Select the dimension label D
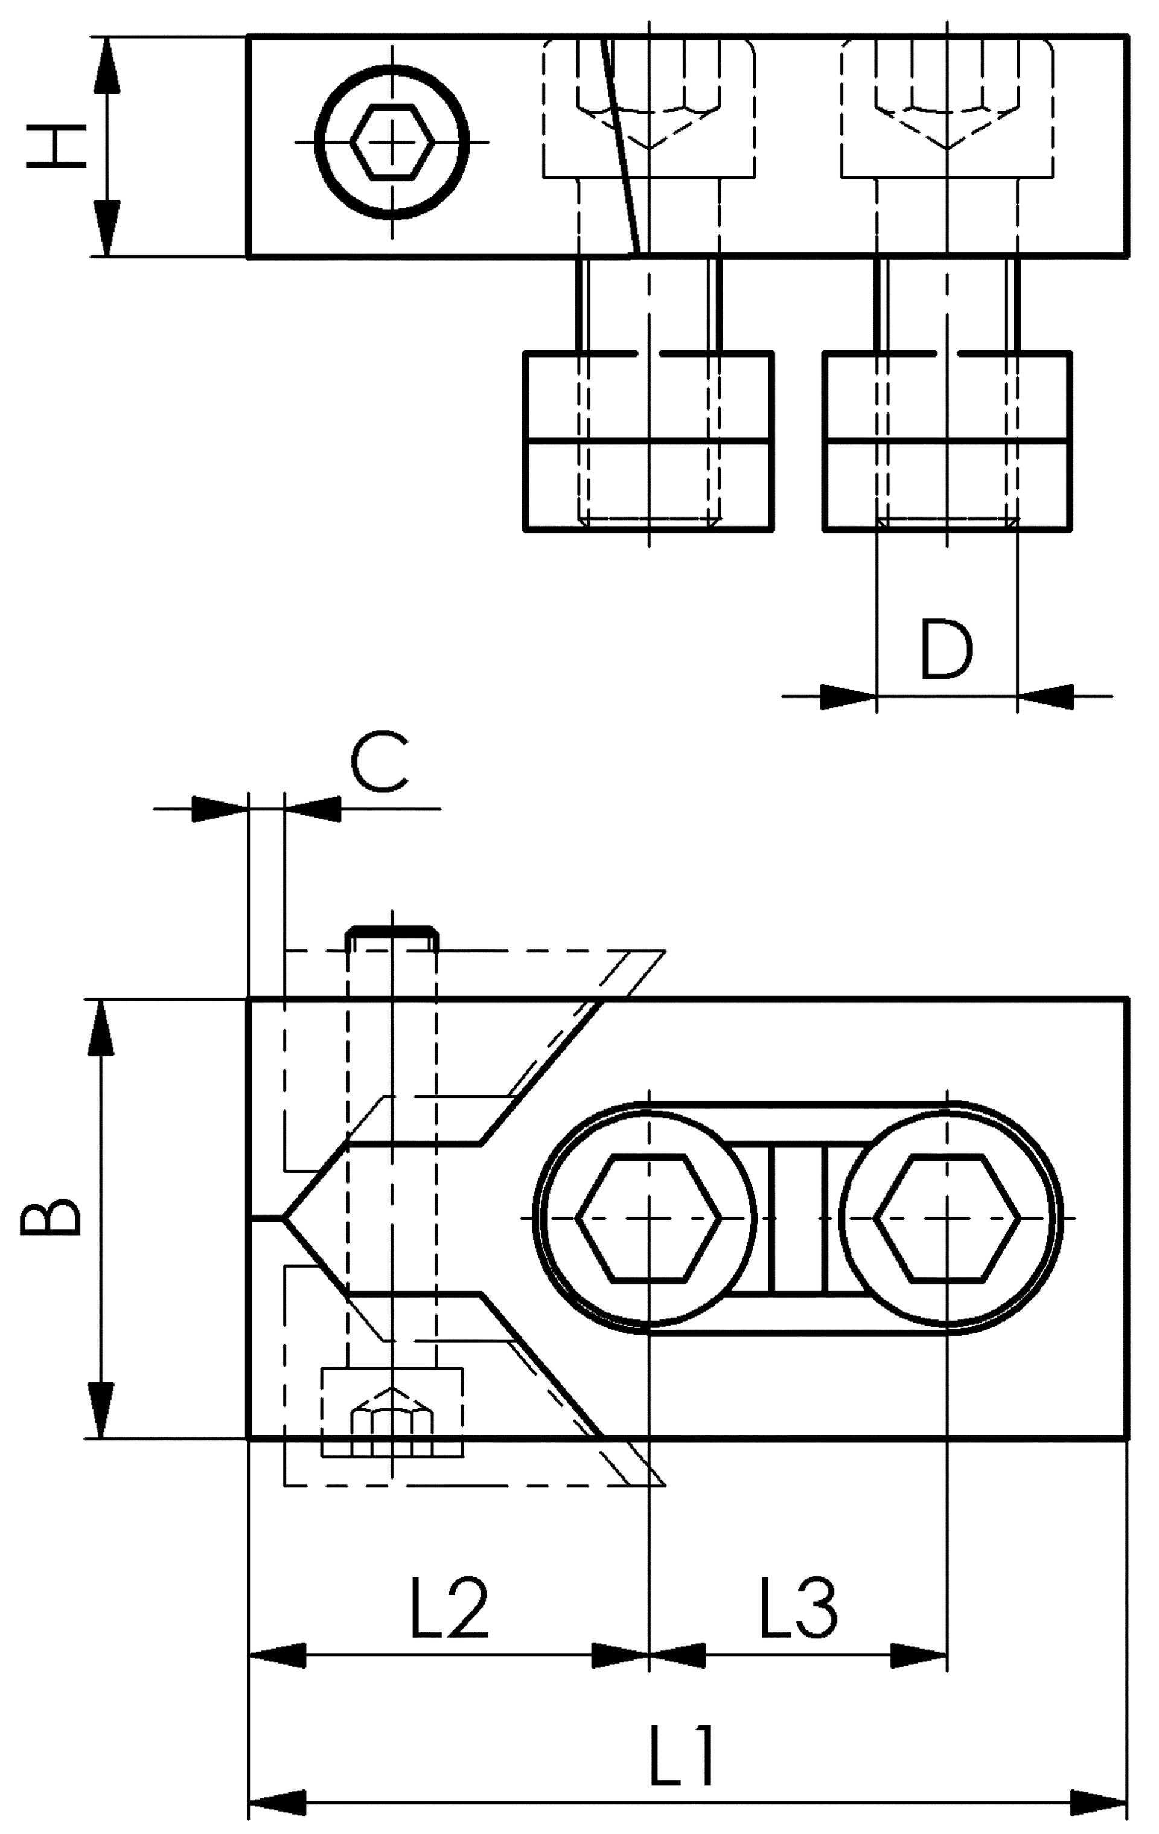click(947, 650)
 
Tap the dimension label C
click(379, 761)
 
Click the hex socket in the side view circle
click(392, 142)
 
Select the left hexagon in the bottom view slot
click(648, 1219)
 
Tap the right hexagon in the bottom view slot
click(947, 1219)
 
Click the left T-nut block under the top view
click(649, 442)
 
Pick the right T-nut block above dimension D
click(947, 442)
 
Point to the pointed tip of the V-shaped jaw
click(285, 1219)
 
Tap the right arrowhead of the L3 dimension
click(919, 1655)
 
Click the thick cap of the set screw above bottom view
click(392, 932)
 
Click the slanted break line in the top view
click(621, 145)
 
